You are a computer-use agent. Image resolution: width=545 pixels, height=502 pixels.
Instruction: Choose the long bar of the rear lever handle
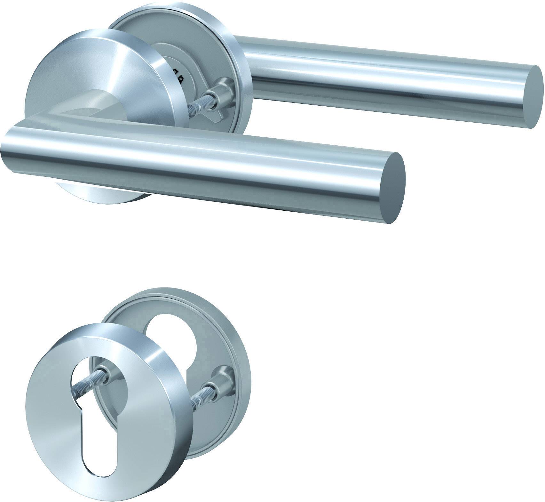384,77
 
